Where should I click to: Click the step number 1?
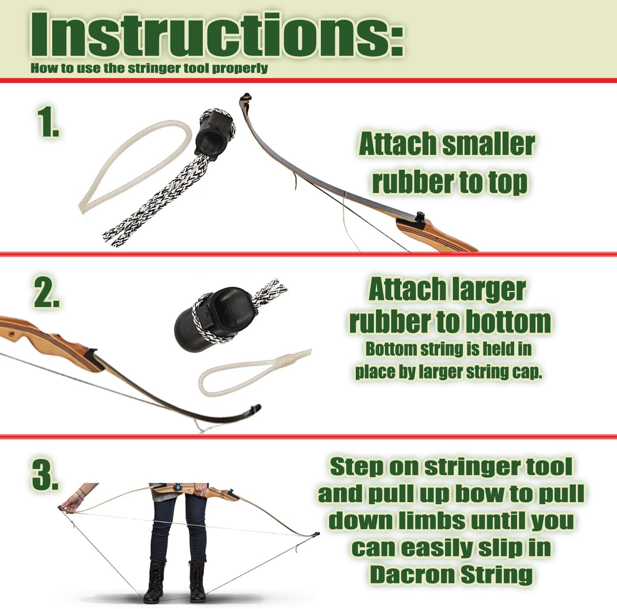[x=48, y=122]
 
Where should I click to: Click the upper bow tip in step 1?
[x=246, y=99]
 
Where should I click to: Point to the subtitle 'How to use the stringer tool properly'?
[x=149, y=68]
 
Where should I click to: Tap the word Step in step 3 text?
[x=356, y=466]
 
